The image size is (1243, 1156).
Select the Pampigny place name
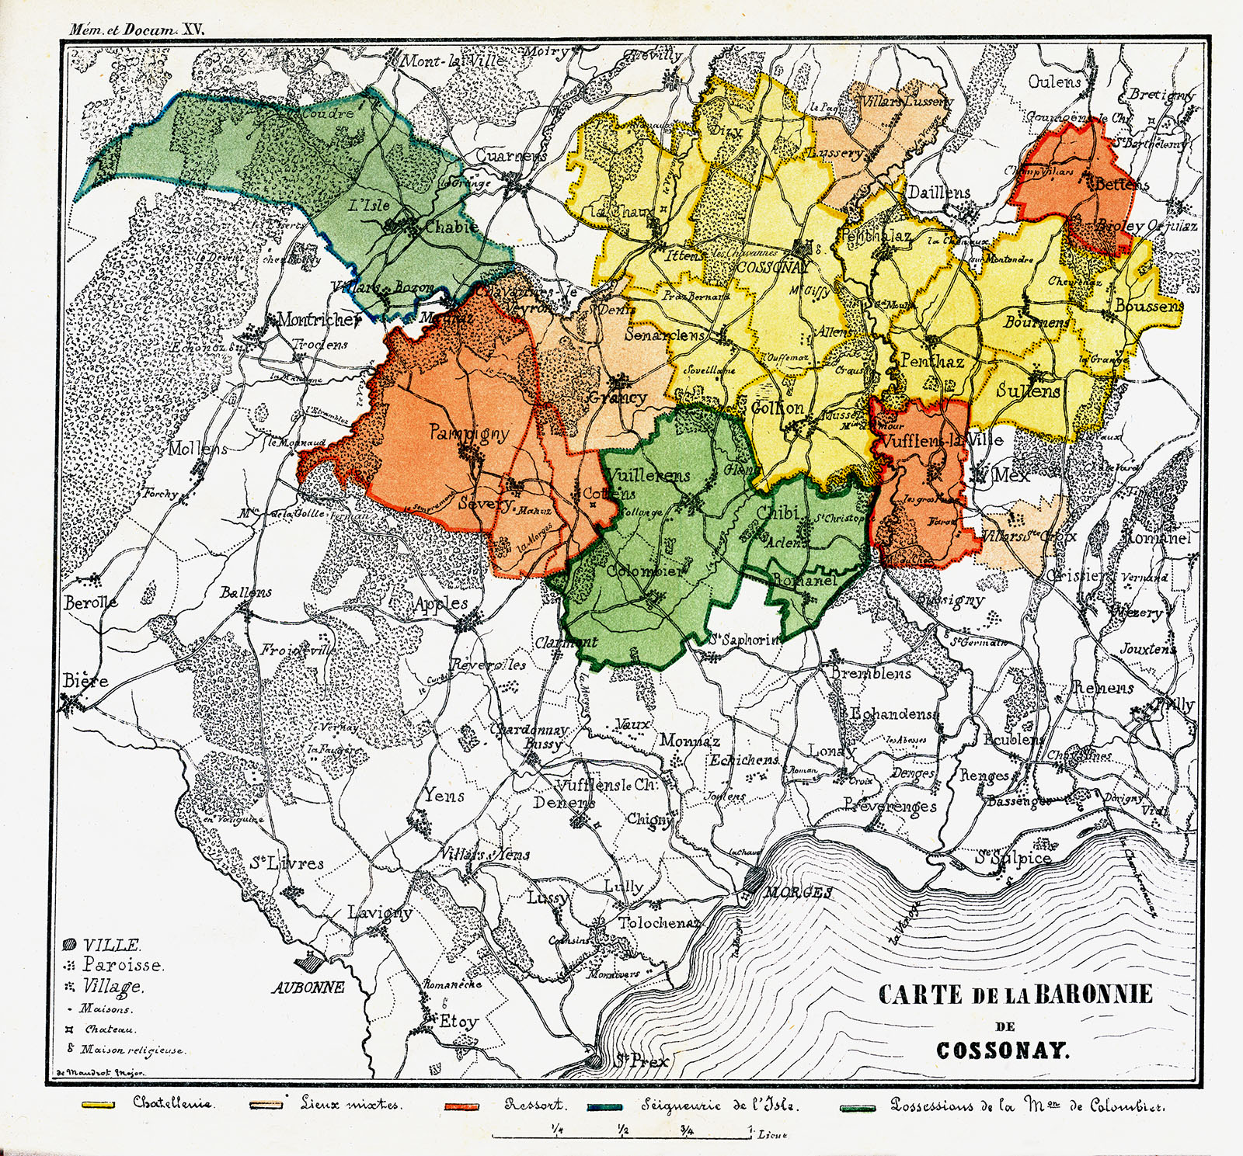click(x=469, y=433)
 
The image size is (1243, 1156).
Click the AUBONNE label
click(x=308, y=988)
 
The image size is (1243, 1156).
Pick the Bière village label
click(x=85, y=681)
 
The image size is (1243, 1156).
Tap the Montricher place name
click(x=319, y=319)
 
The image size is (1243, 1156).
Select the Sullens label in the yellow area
click(x=1028, y=391)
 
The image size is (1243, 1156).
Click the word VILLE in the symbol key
click(x=112, y=945)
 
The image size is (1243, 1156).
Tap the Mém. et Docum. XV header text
click(x=136, y=30)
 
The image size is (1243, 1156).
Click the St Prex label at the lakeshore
click(x=641, y=1060)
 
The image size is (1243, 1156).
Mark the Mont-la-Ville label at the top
click(x=451, y=60)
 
